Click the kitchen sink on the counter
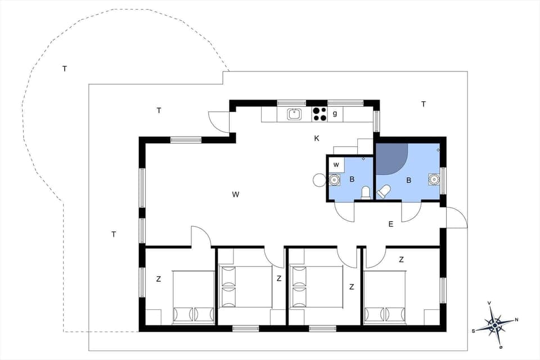[295, 114]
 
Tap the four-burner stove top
[319, 114]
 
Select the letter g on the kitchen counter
[335, 114]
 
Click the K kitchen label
[317, 138]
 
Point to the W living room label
[236, 195]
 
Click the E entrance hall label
[390, 224]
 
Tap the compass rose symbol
[494, 325]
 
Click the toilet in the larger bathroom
[384, 191]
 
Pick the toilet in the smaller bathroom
[366, 193]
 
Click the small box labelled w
[336, 165]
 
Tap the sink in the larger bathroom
[433, 179]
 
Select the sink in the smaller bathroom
[335, 180]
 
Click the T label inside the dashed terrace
[65, 69]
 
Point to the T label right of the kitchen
[423, 103]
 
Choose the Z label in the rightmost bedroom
[401, 259]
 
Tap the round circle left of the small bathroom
[319, 180]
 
